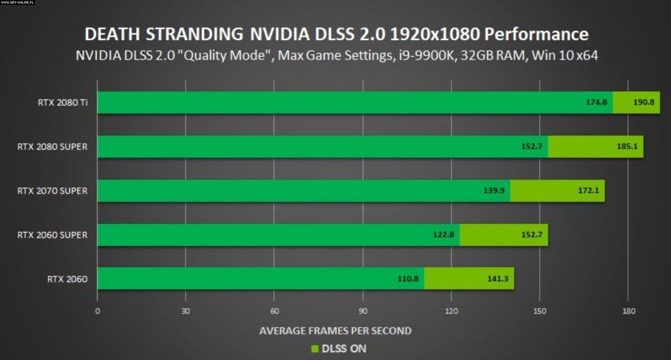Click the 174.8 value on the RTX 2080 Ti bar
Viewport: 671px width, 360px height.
click(596, 102)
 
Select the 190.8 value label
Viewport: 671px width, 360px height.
click(644, 102)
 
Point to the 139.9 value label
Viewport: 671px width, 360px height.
click(494, 191)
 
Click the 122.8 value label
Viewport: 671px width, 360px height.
click(443, 235)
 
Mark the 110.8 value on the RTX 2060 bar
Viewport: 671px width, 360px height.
click(408, 279)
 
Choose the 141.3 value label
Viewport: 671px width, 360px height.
click(498, 279)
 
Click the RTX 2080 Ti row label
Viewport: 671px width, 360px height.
click(63, 102)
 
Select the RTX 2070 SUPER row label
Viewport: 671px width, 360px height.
click(52, 191)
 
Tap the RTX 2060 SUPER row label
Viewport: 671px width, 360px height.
click(52, 235)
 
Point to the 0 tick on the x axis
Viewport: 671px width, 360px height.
click(98, 311)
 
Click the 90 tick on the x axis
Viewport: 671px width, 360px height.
click(363, 311)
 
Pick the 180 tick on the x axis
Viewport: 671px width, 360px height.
click(629, 311)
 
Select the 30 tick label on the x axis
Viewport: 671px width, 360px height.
click(186, 311)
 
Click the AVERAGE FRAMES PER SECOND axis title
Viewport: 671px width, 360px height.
click(335, 331)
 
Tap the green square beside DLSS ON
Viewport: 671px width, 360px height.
click(315, 349)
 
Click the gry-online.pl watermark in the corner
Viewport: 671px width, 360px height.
click(17, 3)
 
